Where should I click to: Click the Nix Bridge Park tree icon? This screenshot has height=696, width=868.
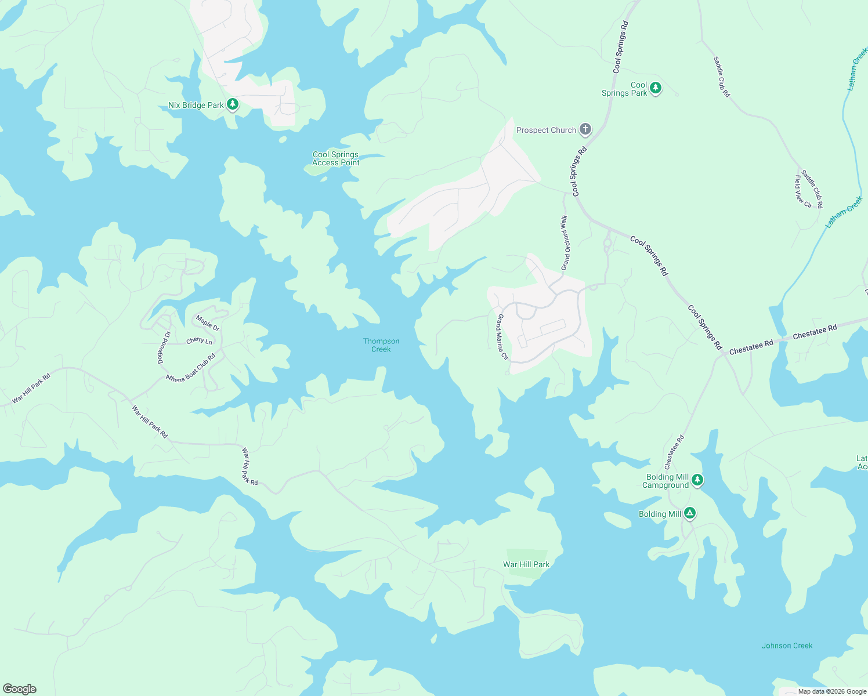pyautogui.click(x=233, y=104)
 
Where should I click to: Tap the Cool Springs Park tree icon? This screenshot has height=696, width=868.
pyautogui.click(x=656, y=88)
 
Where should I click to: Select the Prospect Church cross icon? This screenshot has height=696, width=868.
pyautogui.click(x=585, y=129)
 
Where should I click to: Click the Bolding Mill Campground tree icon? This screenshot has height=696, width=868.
pyautogui.click(x=697, y=480)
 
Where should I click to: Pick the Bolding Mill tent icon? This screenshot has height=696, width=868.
pyautogui.click(x=689, y=513)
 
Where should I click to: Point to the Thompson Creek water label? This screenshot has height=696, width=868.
pyautogui.click(x=381, y=345)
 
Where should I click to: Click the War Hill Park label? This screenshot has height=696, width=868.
pyautogui.click(x=526, y=564)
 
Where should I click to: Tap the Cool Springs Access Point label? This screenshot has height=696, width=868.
pyautogui.click(x=335, y=158)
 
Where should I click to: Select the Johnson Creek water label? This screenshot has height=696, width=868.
pyautogui.click(x=787, y=646)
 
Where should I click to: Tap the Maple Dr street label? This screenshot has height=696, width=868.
pyautogui.click(x=208, y=323)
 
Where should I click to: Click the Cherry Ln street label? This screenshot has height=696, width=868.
pyautogui.click(x=199, y=340)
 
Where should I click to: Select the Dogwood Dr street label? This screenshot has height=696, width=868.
pyautogui.click(x=164, y=347)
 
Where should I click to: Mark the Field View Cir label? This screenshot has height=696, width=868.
pyautogui.click(x=803, y=191)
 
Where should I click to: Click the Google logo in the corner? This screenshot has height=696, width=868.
pyautogui.click(x=19, y=689)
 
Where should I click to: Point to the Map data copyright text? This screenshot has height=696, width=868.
pyautogui.click(x=831, y=691)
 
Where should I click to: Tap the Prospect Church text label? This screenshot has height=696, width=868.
pyautogui.click(x=546, y=130)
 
